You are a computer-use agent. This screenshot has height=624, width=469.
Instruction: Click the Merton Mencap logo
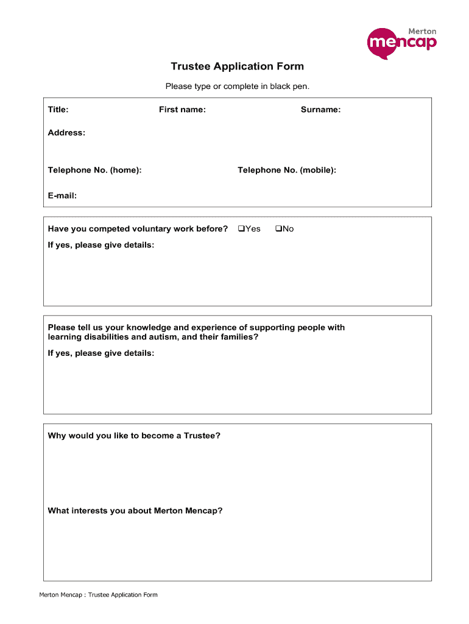point(402,43)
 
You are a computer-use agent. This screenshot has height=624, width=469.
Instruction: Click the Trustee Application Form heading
point(237,66)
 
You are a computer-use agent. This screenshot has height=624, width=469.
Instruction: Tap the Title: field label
point(58,110)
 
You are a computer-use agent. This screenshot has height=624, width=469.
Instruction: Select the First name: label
point(182,110)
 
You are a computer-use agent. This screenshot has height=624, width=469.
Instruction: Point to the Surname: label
point(320,110)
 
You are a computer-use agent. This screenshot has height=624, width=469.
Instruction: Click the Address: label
point(66,133)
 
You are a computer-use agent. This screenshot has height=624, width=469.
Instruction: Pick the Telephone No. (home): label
point(94,170)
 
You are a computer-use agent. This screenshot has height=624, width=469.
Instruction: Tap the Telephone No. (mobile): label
point(286,170)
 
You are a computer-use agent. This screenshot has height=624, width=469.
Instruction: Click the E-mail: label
point(62,196)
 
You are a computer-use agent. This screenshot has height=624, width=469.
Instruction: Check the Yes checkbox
point(241,229)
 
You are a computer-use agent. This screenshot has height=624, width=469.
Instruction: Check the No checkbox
point(278,229)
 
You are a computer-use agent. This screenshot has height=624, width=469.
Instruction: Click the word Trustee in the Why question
point(200,436)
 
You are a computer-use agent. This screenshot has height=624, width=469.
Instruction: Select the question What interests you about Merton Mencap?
point(135,511)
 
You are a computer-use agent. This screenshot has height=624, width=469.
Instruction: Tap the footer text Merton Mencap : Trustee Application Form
point(98,595)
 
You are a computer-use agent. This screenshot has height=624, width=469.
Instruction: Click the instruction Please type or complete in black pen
point(237,87)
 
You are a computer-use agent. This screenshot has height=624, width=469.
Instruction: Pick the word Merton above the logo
point(422,31)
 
